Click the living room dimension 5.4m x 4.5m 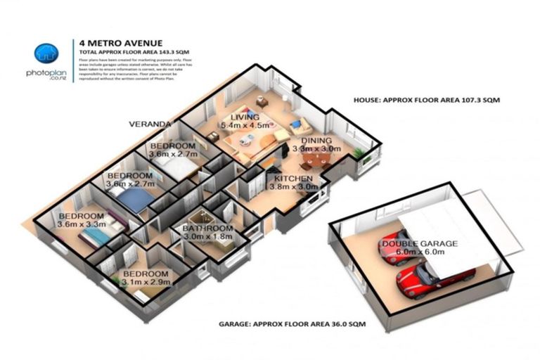coord(245,125)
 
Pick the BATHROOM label coord(207,229)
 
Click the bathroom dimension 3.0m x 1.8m coord(207,238)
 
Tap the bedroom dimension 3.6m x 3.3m coord(82,225)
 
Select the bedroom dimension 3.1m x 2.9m coord(146,283)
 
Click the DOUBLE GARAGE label coord(419,243)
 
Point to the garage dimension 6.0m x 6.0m coord(419,252)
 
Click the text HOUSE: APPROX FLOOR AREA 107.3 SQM coord(426,101)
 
